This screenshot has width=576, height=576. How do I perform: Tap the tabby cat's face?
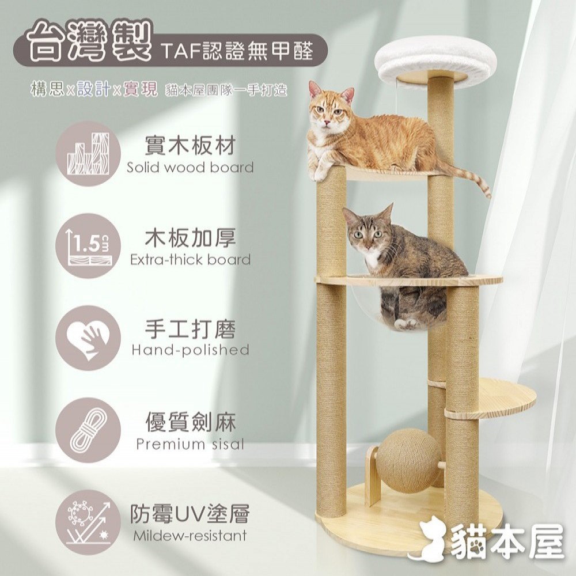[x=366, y=234]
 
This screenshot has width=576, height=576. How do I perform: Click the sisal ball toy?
[x=403, y=457]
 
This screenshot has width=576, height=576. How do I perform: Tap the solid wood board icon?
[x=88, y=154]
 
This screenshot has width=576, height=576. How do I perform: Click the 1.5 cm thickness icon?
[x=88, y=246]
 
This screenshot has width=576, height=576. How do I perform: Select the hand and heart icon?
[x=88, y=338]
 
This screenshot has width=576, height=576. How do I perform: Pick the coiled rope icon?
[x=88, y=430]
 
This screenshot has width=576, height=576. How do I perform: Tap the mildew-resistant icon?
[x=88, y=522]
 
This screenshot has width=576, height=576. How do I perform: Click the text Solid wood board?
[x=190, y=168]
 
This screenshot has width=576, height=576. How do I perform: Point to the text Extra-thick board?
[x=190, y=260]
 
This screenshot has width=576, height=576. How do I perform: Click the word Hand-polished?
[x=190, y=350]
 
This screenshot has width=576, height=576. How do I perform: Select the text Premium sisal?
[x=190, y=444]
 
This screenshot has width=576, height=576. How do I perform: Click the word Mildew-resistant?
[x=190, y=536]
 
